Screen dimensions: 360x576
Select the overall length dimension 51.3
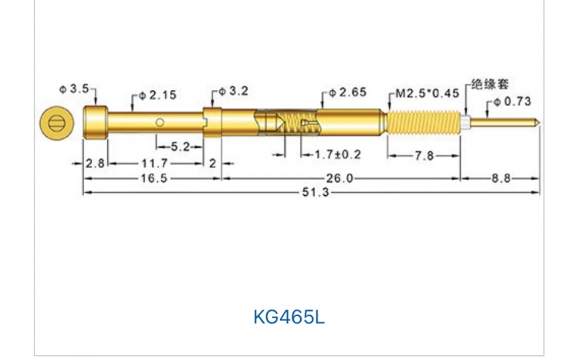311,193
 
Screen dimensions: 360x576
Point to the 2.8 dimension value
95,163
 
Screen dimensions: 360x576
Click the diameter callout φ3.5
73,89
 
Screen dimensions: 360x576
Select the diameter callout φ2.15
158,95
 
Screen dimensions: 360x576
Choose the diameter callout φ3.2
233,91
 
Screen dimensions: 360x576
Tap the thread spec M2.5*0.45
428,93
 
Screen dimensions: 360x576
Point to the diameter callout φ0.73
513,102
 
